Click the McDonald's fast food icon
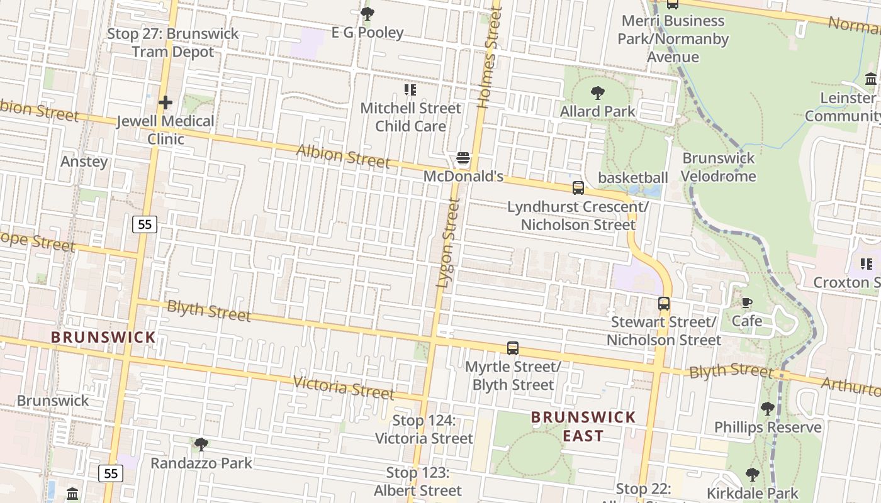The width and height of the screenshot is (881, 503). tap(463, 158)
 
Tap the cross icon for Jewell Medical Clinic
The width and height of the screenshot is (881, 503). tap(166, 102)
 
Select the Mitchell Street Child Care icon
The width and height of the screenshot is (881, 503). tap(410, 90)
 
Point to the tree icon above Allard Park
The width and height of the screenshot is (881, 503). tap(598, 93)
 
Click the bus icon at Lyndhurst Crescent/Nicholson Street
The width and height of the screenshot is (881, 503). tap(578, 188)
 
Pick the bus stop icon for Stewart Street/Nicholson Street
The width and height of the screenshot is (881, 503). tap(664, 304)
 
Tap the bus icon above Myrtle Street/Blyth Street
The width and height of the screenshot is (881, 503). tap(513, 348)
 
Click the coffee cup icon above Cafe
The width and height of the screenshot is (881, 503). tap(746, 303)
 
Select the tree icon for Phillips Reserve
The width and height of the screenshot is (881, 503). tap(767, 409)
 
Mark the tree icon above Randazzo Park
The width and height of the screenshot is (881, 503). tap(201, 445)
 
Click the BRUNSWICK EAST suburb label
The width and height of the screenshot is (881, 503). tap(583, 426)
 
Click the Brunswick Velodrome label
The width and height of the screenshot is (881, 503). tap(718, 167)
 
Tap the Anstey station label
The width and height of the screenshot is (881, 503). tap(84, 162)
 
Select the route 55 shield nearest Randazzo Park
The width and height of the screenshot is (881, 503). tap(111, 473)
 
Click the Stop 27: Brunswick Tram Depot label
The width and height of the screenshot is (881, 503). tap(173, 43)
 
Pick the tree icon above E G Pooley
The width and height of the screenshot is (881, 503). tap(368, 13)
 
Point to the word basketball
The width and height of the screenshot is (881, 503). tap(632, 178)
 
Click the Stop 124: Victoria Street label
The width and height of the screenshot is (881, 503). tap(424, 429)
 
